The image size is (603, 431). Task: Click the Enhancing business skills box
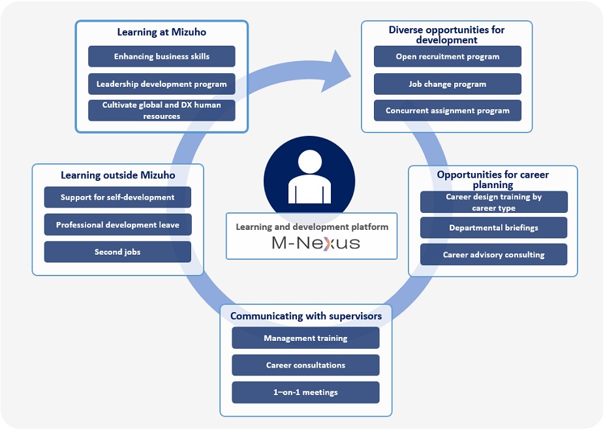tap(161, 56)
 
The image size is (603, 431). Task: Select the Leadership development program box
tap(161, 84)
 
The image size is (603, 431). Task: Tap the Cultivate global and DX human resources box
tap(161, 110)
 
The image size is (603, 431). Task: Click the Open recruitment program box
tap(447, 56)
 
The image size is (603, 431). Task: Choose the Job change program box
tap(447, 84)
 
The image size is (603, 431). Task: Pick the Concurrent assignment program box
tap(447, 110)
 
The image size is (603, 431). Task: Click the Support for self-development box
tap(117, 197)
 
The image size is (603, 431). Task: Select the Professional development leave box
tap(117, 225)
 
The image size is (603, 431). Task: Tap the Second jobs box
tap(117, 251)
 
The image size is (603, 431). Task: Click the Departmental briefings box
tap(493, 228)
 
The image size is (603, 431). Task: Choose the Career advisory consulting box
tap(493, 255)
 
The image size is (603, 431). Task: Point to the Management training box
tap(305, 338)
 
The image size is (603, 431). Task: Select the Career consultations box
tap(305, 365)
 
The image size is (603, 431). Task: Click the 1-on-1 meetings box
tap(305, 392)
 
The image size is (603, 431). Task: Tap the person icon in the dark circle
tap(309, 178)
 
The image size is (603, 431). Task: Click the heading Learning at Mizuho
tap(161, 31)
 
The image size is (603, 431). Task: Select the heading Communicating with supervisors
tap(305, 316)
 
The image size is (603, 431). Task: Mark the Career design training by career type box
tap(493, 202)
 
